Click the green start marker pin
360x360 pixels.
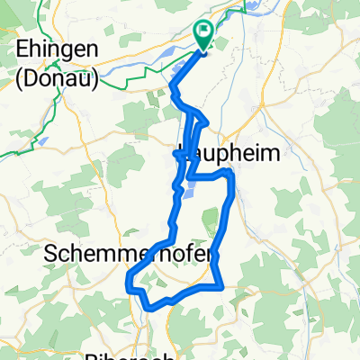(x=202, y=36)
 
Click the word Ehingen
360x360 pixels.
(x=51, y=50)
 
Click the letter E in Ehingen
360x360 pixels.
(x=22, y=50)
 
